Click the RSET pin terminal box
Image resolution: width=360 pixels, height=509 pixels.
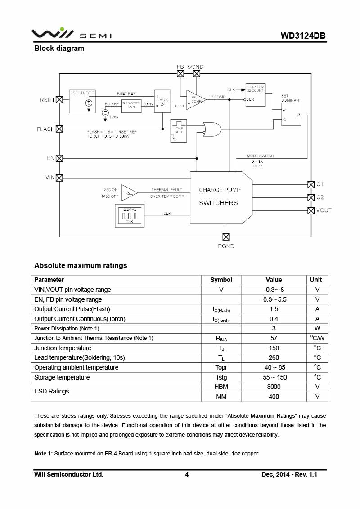[59, 100]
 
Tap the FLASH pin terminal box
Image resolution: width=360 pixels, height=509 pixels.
[59, 129]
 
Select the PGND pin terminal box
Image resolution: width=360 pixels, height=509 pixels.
[226, 237]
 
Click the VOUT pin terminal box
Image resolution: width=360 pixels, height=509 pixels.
[310, 210]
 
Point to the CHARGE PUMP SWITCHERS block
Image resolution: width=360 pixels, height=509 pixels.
[220, 196]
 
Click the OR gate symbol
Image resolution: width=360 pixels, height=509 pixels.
[211, 129]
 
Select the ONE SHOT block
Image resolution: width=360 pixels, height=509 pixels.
[179, 130]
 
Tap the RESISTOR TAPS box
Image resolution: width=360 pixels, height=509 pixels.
[131, 105]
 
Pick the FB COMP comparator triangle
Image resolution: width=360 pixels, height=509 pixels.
[195, 99]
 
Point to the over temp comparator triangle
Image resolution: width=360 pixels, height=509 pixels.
[129, 193]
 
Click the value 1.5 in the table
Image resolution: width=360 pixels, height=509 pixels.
[274, 309]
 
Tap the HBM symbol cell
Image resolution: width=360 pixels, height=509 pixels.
[221, 387]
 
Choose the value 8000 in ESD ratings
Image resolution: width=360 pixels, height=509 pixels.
[274, 387]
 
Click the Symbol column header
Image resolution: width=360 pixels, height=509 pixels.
[221, 280]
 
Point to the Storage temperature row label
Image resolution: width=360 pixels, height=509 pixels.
[62, 377]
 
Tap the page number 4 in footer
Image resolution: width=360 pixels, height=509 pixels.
[187, 474]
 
